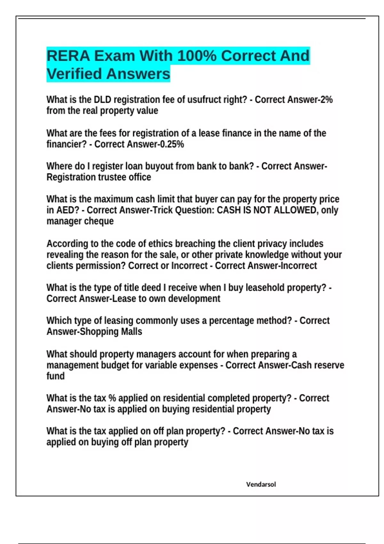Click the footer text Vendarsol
(x=261, y=484)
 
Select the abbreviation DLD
(x=102, y=100)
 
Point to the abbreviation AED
(x=65, y=210)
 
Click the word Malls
(x=131, y=332)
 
